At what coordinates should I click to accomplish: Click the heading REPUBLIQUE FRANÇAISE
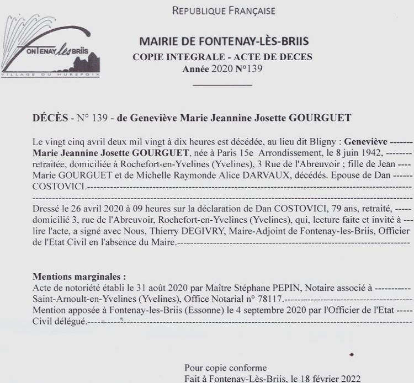click(224, 10)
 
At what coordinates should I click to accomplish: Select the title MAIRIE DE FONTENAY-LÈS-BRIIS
click(224, 42)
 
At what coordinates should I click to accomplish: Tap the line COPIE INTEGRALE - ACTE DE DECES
click(222, 57)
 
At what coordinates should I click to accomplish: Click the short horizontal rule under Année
click(222, 84)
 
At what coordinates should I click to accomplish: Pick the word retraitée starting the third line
click(51, 162)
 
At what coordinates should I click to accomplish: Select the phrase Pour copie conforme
click(226, 368)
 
